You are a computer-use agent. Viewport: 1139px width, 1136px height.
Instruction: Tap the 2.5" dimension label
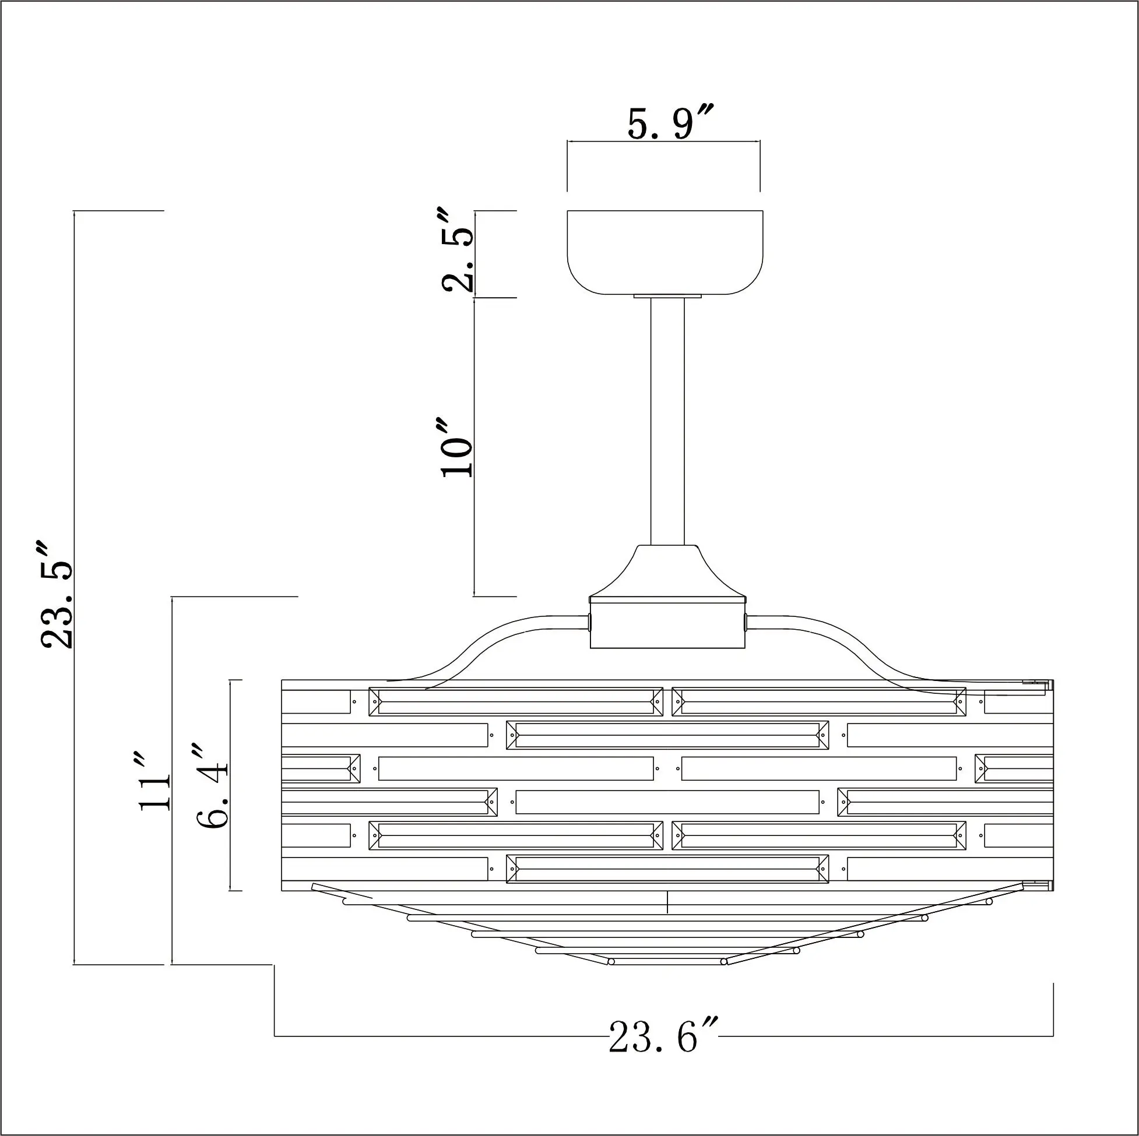[458, 250]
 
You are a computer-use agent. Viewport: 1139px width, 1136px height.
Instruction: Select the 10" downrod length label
[458, 448]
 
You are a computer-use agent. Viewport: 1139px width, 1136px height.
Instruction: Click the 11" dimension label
[154, 781]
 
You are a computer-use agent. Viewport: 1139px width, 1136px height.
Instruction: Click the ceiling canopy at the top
[665, 253]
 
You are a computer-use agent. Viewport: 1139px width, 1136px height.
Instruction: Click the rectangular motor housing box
[667, 623]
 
